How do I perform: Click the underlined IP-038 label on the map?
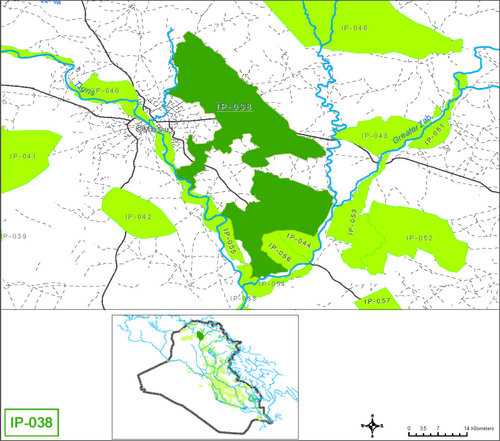point(234,107)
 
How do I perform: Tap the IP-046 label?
point(354,28)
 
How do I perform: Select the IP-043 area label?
point(375,136)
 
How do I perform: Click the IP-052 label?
point(419,238)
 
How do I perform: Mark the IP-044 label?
point(299,240)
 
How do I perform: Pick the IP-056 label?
point(280,253)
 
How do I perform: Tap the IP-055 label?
point(229,241)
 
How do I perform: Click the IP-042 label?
point(138,217)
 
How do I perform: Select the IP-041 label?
point(23,157)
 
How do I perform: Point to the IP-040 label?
point(106,91)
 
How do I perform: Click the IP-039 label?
point(14,237)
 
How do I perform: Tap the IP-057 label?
point(377,301)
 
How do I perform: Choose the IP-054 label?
point(272,284)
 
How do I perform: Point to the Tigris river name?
point(85,88)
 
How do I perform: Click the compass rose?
point(372,426)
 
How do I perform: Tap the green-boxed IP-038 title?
point(32,423)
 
